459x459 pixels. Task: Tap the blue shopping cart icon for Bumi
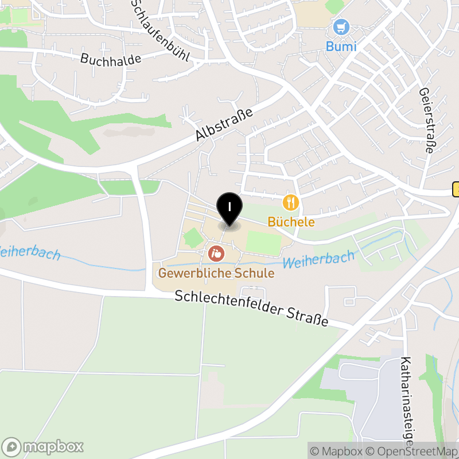pos(341,27)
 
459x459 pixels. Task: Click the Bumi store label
pos(341,46)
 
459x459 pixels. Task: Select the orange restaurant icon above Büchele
pos(291,202)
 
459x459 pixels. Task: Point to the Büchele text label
pos(291,221)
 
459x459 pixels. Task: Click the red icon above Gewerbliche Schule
pos(216,252)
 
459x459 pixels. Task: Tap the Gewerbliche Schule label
pos(216,273)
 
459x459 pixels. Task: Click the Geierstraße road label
pos(426,120)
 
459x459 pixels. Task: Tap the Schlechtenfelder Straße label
pos(251,308)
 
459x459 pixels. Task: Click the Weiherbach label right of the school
pos(319,260)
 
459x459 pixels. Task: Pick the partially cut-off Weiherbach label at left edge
pos(29,252)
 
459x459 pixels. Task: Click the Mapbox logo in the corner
pos(43,446)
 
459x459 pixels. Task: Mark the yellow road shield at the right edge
pos(456,189)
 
